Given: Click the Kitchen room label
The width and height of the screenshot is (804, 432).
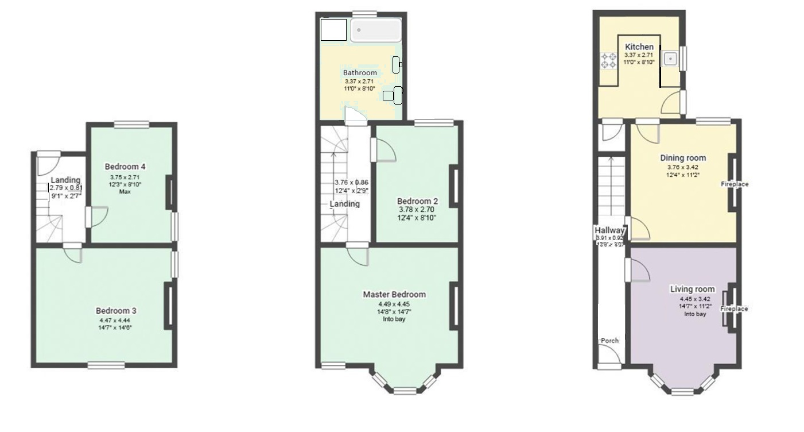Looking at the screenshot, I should (639, 47).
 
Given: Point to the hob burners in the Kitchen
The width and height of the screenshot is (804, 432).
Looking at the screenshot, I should (608, 60).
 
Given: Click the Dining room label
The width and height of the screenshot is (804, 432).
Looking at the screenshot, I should (683, 158).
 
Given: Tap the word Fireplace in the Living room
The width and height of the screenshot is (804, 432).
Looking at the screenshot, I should (735, 309).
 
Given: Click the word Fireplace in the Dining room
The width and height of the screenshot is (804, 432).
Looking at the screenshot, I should (735, 184).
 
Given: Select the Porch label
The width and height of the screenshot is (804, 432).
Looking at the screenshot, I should (609, 341).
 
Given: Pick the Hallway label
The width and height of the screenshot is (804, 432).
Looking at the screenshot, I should (609, 230).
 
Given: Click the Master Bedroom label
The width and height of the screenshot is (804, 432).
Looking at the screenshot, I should (394, 295).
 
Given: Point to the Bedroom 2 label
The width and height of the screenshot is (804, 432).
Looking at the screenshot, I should (417, 202).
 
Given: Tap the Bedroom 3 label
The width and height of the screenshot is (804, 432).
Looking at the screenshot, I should (116, 311).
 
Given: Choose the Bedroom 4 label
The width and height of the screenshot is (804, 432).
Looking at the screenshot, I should (125, 167).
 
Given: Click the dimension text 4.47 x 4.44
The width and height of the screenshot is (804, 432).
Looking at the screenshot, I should (116, 320).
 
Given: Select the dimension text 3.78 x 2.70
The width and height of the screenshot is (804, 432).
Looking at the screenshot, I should (417, 210).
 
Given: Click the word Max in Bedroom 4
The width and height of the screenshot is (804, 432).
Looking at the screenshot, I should (125, 192).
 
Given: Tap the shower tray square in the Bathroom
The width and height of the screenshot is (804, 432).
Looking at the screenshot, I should (333, 30).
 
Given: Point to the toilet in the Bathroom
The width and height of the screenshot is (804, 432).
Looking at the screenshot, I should (393, 95).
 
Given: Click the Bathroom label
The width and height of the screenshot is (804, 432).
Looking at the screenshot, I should (360, 73).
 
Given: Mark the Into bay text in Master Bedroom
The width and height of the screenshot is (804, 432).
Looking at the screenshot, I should (394, 319).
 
